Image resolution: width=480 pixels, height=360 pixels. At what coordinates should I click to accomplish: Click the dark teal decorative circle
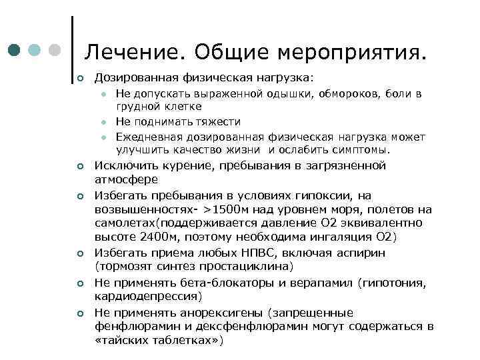coord(15,50)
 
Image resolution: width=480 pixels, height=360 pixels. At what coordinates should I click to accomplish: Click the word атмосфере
coord(127,179)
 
